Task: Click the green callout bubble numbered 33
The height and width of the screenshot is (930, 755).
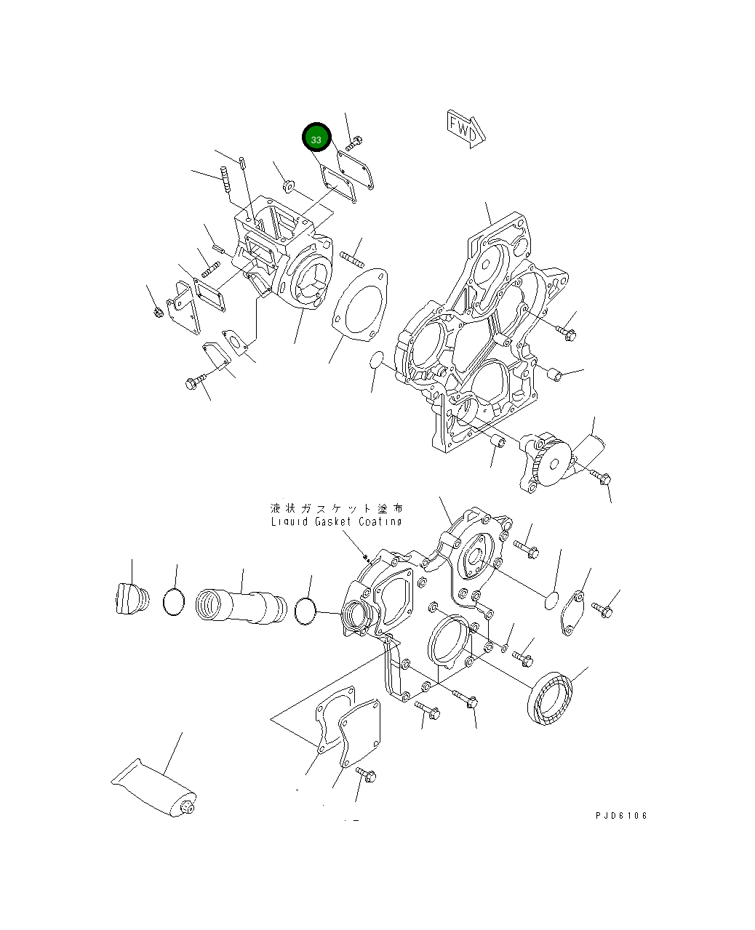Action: coord(316,137)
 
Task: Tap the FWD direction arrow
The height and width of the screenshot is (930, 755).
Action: coord(466,129)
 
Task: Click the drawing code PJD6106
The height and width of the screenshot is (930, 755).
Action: coord(621,815)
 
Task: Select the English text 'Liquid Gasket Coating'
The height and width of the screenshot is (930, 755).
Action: coord(336,521)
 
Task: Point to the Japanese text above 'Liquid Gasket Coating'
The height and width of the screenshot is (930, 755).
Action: coord(336,508)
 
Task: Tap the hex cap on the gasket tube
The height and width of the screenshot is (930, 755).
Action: coord(189,808)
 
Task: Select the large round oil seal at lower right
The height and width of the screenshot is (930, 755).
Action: coord(550,699)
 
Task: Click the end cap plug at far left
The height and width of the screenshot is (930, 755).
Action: coord(132,598)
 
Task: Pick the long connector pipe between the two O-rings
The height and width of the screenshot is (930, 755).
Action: coord(241,605)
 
